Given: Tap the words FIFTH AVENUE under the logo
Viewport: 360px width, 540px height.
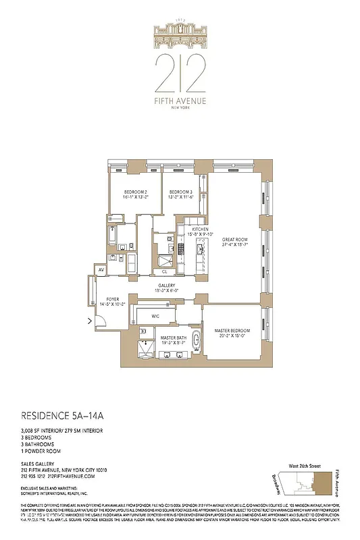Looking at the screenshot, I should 179,101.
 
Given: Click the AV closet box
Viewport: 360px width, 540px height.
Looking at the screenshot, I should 101,269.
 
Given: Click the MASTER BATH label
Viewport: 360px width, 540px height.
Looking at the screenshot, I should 172,340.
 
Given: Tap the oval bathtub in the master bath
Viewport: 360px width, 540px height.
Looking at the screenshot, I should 197,341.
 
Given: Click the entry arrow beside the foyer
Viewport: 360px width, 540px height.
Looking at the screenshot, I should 91,321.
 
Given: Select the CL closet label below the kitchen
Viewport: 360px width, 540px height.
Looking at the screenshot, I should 165,272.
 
